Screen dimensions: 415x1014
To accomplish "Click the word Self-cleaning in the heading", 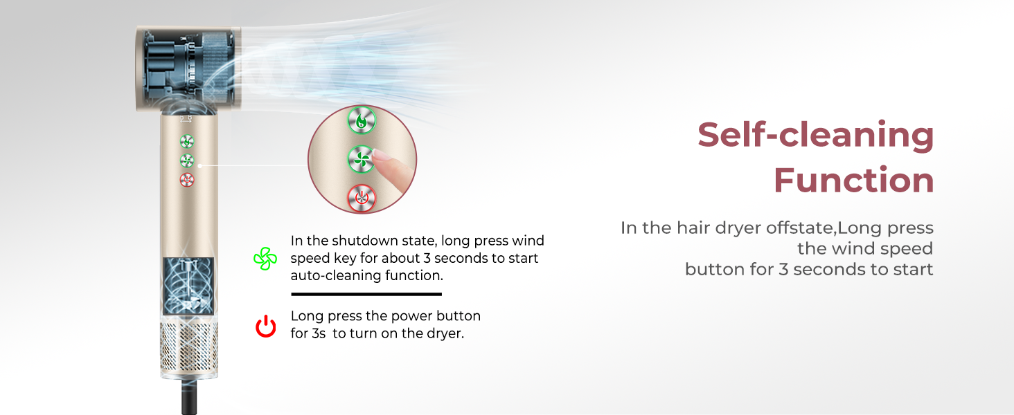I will [815, 135].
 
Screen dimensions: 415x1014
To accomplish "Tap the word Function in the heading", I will [853, 181].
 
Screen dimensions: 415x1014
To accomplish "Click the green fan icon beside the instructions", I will [265, 259].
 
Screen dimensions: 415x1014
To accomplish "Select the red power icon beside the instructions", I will [266, 326].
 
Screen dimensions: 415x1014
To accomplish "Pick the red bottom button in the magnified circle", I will [361, 199].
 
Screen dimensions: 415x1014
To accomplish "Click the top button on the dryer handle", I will [187, 141].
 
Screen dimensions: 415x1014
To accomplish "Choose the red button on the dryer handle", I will [187, 180].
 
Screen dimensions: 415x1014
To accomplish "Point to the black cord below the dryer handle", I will [189, 397].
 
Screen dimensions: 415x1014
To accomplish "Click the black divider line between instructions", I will [356, 294].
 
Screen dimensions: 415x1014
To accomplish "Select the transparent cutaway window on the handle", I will [188, 286].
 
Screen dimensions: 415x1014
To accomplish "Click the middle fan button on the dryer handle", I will [187, 160].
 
